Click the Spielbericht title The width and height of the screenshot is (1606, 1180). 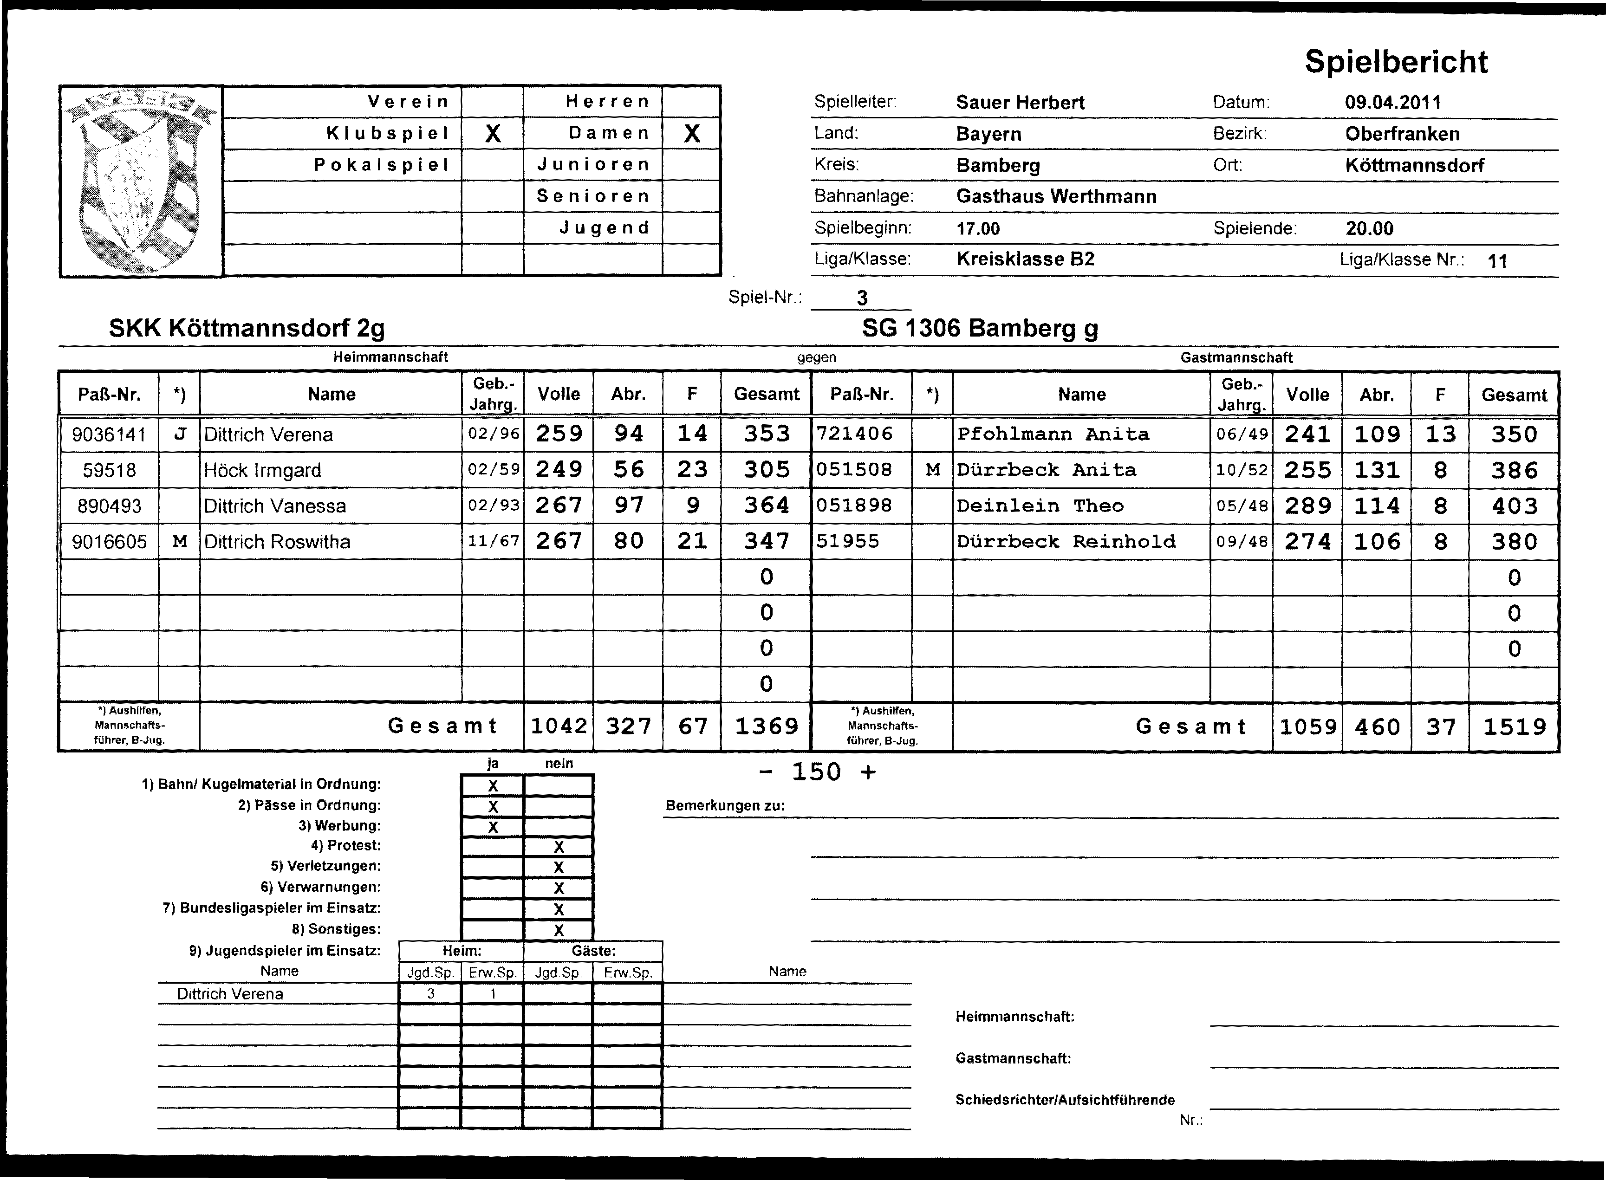pyautogui.click(x=1396, y=62)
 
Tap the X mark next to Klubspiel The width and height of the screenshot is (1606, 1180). pyautogui.click(x=492, y=134)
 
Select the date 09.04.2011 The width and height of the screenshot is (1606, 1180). pyautogui.click(x=1392, y=102)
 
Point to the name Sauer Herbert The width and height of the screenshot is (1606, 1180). pyautogui.click(x=1020, y=102)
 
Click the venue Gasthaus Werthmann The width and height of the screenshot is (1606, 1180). pyautogui.click(x=1056, y=196)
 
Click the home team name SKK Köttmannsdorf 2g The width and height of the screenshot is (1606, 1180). pyautogui.click(x=247, y=329)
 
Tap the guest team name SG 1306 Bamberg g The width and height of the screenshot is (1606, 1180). pyautogui.click(x=980, y=329)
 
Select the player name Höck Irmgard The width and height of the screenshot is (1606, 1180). pyautogui.click(x=262, y=470)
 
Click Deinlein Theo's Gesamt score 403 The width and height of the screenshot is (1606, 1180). pyautogui.click(x=1514, y=506)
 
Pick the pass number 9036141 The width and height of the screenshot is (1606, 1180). pyautogui.click(x=109, y=434)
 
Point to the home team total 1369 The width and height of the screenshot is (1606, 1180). pyautogui.click(x=766, y=726)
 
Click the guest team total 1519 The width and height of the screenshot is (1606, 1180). pyautogui.click(x=1514, y=727)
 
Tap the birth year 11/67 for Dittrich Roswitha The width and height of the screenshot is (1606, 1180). pyautogui.click(x=493, y=541)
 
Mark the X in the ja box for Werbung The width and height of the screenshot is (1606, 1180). pyautogui.click(x=492, y=827)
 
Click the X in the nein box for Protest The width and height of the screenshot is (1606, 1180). pyautogui.click(x=559, y=848)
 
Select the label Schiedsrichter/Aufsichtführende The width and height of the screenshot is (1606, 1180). pyautogui.click(x=1065, y=1100)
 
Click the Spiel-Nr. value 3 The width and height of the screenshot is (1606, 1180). pyautogui.click(x=862, y=298)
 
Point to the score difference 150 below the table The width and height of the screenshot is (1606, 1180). pyautogui.click(x=817, y=772)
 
